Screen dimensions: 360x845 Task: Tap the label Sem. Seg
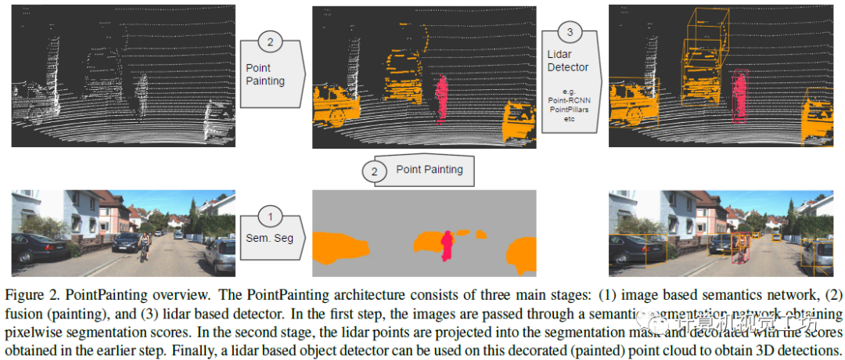[269, 237]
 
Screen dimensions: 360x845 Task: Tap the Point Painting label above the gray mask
[429, 169]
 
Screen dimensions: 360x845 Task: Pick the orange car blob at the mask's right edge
[523, 254]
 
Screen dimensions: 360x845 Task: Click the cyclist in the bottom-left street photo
[144, 245]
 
